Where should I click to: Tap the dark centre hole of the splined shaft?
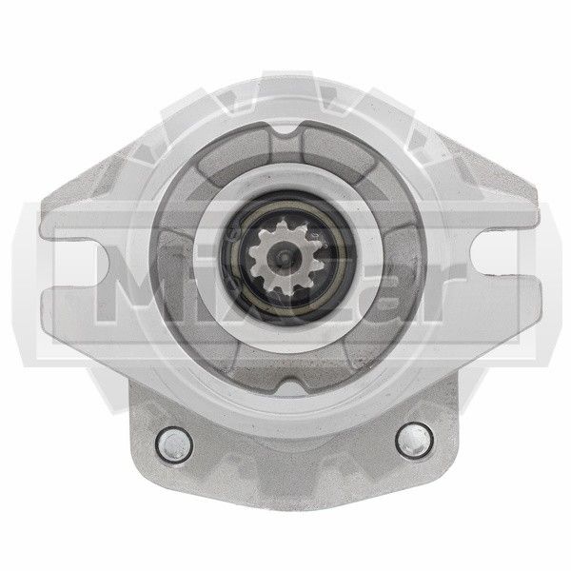pos(284,258)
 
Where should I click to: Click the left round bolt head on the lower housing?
pos(174,445)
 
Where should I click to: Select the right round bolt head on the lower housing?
pos(414,440)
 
